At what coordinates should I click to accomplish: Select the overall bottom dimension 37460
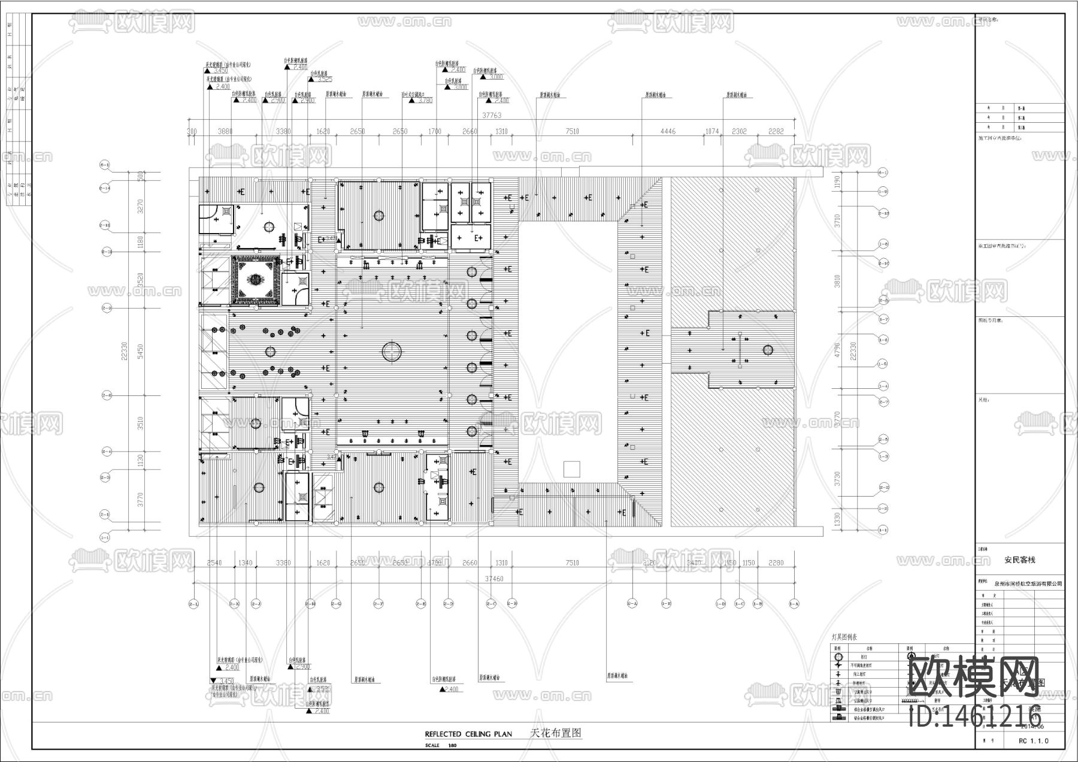tap(493, 579)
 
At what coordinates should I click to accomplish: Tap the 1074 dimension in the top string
tap(711, 131)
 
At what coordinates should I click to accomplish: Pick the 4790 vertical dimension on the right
tap(838, 350)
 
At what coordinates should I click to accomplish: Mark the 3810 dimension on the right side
tap(838, 280)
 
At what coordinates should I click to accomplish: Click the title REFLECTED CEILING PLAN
tap(468, 734)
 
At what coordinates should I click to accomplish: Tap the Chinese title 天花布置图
tap(556, 733)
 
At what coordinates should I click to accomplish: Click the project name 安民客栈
tap(1019, 560)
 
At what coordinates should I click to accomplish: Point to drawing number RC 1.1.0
tap(1033, 741)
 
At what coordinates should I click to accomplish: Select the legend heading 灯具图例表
tap(845, 637)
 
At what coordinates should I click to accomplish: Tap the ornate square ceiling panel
tap(256, 280)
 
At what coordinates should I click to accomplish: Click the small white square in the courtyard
tap(572, 469)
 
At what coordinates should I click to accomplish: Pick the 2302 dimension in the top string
tap(740, 131)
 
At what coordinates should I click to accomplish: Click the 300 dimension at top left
tap(192, 131)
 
